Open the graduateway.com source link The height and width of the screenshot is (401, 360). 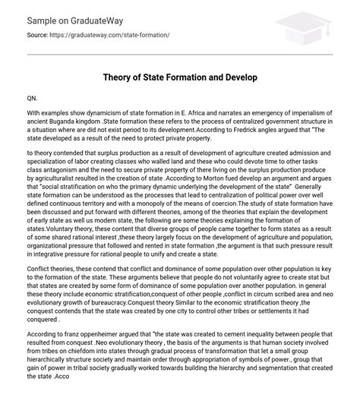tap(118, 36)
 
